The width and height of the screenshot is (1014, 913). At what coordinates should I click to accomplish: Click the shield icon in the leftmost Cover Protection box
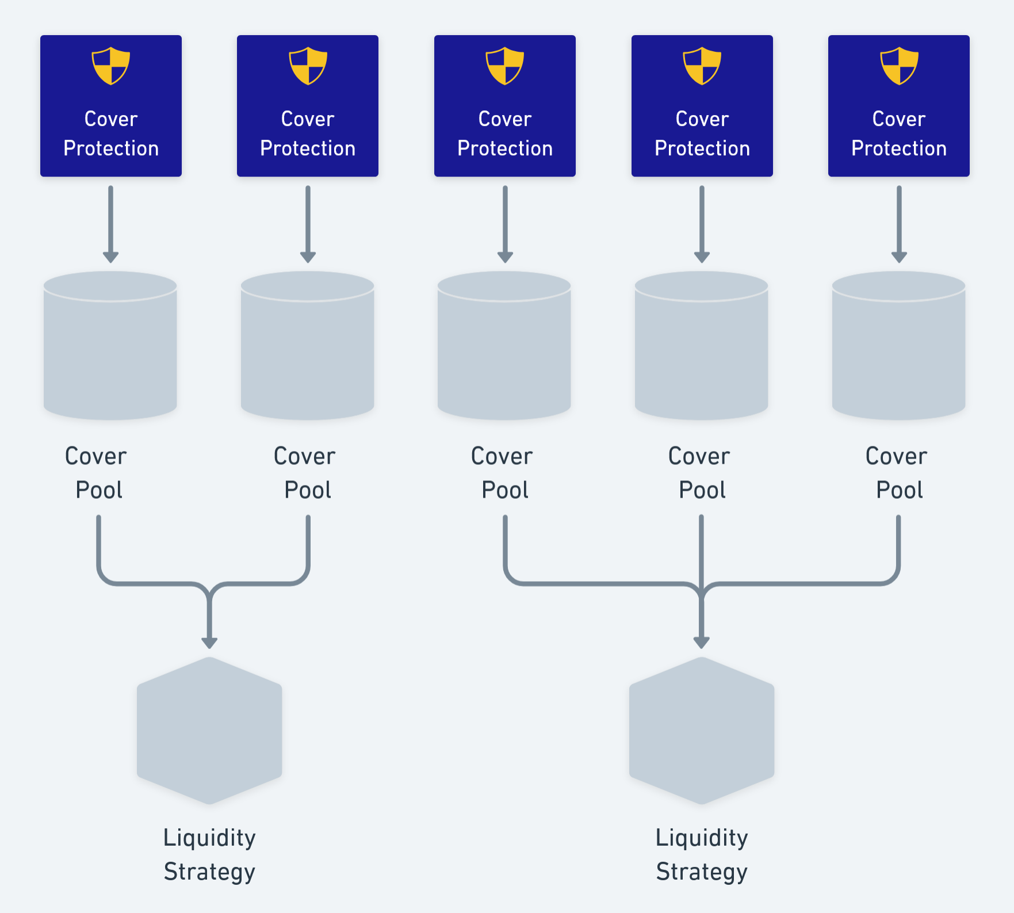(111, 66)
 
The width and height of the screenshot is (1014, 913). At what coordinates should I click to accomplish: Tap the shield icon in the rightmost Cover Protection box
(899, 66)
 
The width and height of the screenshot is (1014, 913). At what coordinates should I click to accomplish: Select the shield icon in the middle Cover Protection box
(505, 66)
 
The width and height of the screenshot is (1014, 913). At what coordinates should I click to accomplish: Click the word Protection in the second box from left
(308, 148)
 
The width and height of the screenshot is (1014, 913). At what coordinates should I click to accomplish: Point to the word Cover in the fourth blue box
(702, 119)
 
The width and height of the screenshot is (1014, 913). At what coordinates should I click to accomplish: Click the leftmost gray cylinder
(110, 345)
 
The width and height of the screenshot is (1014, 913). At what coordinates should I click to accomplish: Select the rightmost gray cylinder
(898, 345)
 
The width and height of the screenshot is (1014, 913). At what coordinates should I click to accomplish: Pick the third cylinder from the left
(504, 345)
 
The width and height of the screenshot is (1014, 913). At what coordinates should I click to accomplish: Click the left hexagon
(209, 731)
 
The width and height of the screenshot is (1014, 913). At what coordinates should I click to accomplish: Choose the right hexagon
(702, 731)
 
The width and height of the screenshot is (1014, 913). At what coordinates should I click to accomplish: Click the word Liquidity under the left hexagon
(209, 838)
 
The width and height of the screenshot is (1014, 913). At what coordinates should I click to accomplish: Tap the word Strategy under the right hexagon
(702, 872)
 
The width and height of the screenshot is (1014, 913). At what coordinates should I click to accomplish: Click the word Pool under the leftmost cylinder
(99, 490)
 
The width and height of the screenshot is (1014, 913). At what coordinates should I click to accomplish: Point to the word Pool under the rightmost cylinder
(899, 490)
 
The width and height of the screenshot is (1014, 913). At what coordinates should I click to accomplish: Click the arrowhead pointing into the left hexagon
(209, 642)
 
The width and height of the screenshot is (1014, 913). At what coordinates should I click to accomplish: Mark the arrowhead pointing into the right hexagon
(702, 642)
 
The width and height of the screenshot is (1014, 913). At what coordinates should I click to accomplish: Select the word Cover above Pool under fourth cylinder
(699, 456)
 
